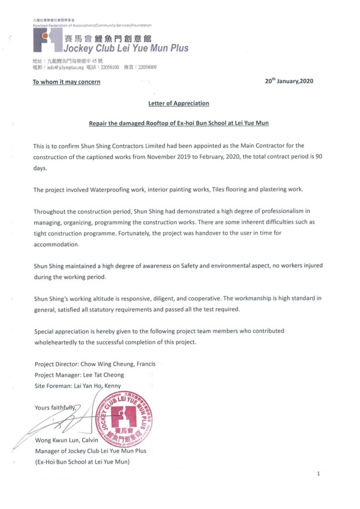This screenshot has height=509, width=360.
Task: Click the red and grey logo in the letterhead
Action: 48,40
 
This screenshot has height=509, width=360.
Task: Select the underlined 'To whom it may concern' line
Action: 66,82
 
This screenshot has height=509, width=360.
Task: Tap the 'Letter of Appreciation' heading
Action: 179,103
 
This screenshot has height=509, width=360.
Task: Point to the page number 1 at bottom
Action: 318,474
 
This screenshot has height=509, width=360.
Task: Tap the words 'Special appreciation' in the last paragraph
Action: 60,331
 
